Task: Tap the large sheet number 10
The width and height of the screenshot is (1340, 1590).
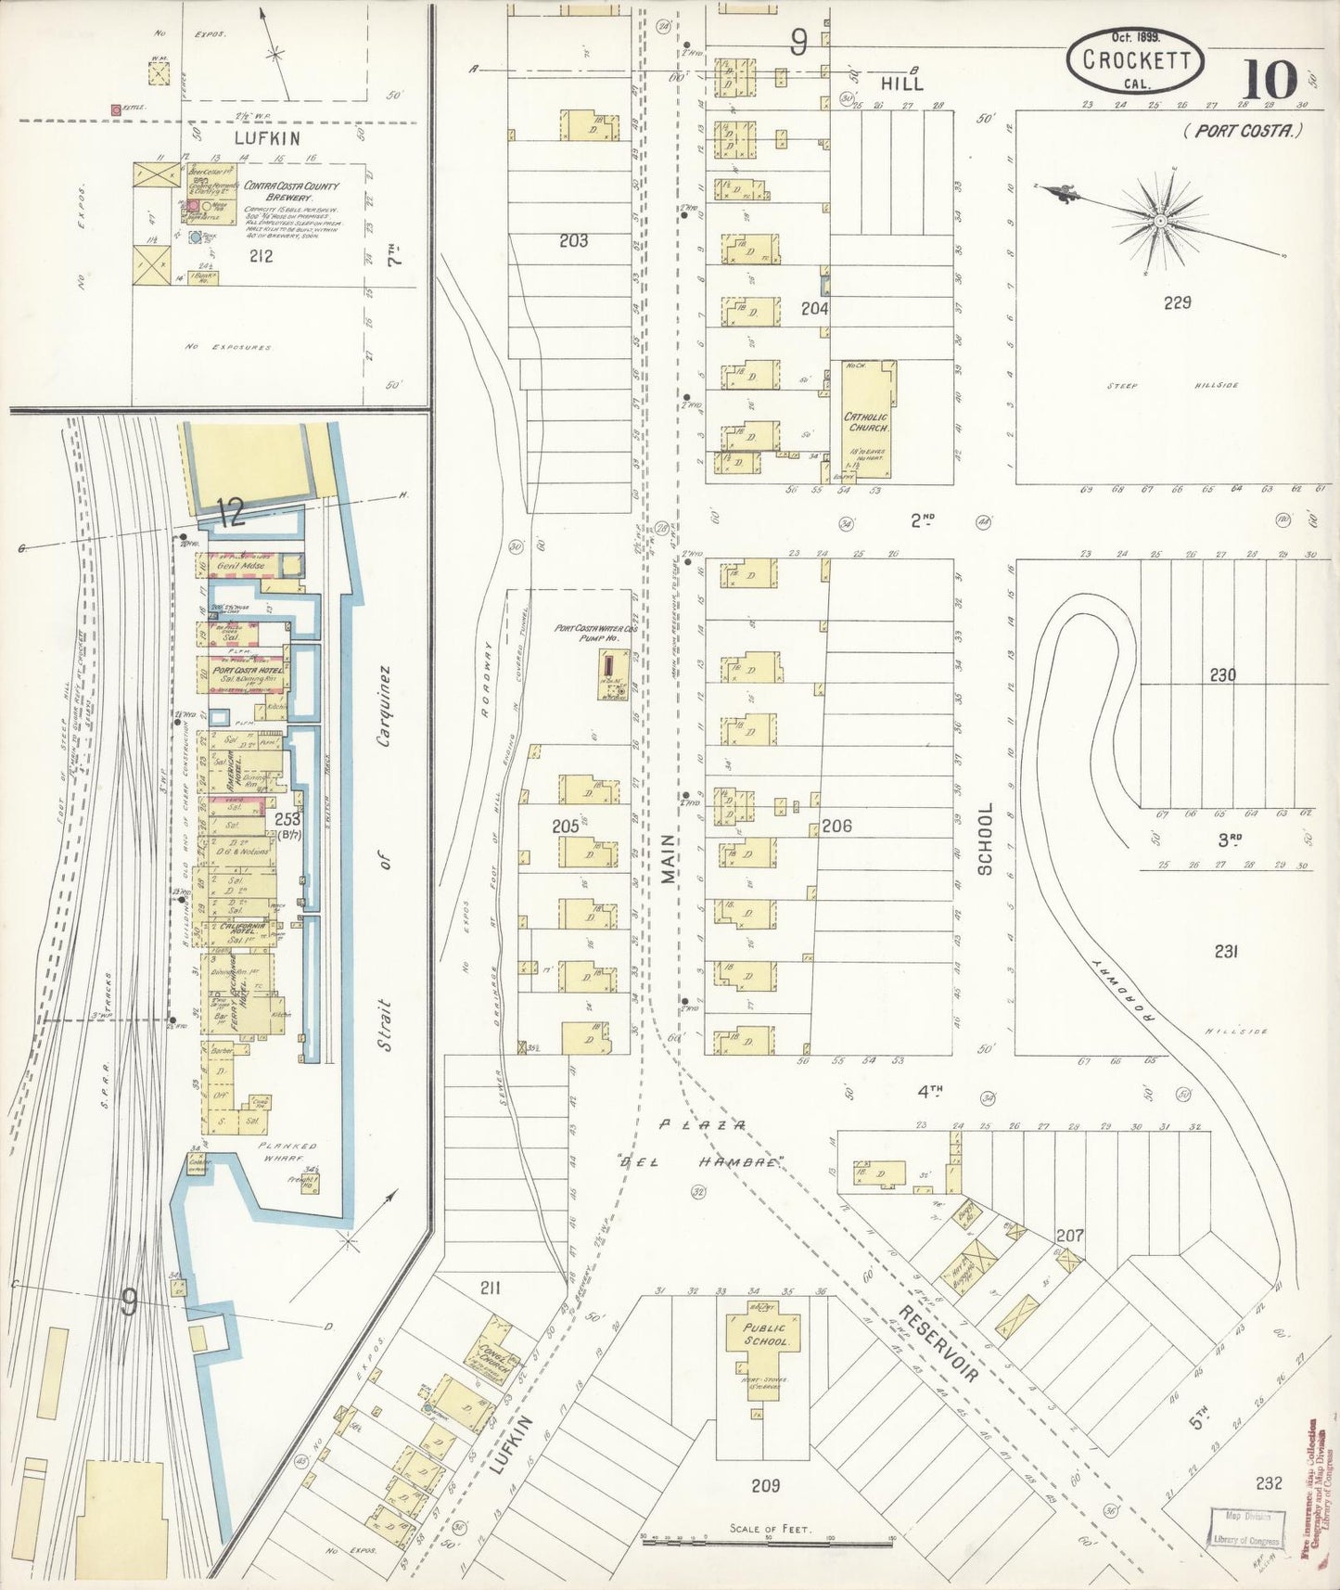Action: [1270, 81]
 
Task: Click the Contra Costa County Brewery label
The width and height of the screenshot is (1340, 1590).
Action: [290, 190]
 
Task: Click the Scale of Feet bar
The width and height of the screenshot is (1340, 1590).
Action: [768, 1541]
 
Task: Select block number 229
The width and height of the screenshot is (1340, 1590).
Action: [1177, 302]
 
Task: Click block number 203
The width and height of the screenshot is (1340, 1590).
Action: [573, 241]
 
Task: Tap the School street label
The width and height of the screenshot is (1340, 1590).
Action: [985, 839]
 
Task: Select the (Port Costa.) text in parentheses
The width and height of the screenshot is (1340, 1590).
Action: [1243, 131]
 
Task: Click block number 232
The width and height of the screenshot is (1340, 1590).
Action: [1268, 1482]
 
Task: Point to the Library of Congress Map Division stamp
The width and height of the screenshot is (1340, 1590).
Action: [1245, 1528]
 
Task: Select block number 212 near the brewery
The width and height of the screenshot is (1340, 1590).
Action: [261, 255]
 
